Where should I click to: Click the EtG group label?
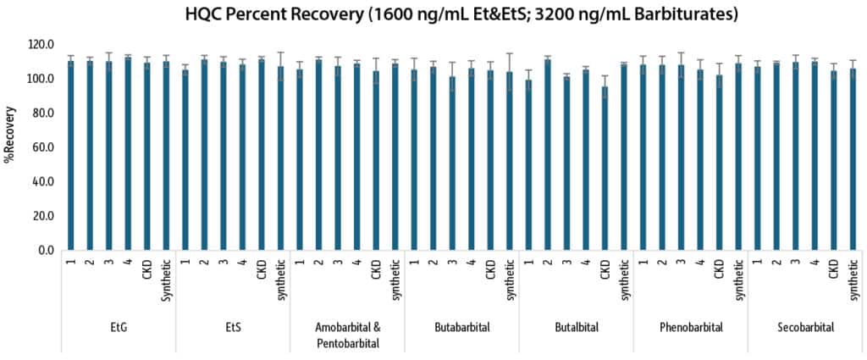point(119,327)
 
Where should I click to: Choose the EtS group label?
point(233,327)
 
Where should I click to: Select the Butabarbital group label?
point(461,327)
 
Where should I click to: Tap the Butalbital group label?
point(576,327)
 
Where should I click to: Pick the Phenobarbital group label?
point(691,327)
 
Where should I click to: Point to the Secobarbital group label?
point(804,327)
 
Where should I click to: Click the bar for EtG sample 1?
point(71,156)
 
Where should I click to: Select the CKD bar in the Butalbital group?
point(605,169)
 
